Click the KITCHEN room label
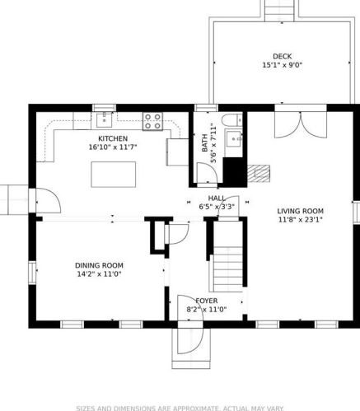coord(113,138)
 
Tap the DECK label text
coord(283,57)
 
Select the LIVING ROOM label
coord(300,211)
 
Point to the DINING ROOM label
coord(99,265)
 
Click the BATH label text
coord(204,142)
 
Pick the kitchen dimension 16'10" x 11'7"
coord(113,147)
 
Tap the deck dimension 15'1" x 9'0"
coord(283,65)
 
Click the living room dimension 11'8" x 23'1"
coord(300,220)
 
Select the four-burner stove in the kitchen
coord(152,121)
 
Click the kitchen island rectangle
coord(114,175)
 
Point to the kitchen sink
coord(104,119)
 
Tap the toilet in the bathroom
coord(232,120)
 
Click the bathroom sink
coord(234,138)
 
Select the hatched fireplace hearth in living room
coord(259,174)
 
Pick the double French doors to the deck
coord(301,125)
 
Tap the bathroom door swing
coord(207,172)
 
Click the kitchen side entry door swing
coord(49,201)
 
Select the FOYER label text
coord(207,301)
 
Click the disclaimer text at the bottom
coord(180,409)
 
